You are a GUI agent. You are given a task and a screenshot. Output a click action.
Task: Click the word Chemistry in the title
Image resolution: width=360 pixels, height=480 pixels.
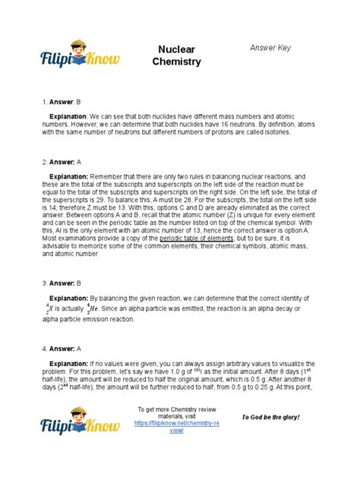click(x=176, y=62)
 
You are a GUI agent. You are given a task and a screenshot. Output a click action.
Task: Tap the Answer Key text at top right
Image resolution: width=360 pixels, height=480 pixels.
click(x=271, y=49)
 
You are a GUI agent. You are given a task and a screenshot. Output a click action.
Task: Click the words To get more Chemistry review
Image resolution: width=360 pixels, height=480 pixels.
click(x=175, y=409)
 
